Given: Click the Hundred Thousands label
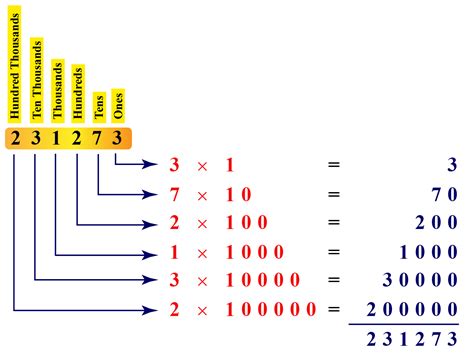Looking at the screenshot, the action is [x=15, y=64].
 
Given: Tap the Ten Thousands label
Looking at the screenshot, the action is [x=36, y=75].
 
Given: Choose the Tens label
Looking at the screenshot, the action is [x=99, y=106].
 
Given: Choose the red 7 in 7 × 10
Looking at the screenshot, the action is [x=175, y=193].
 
